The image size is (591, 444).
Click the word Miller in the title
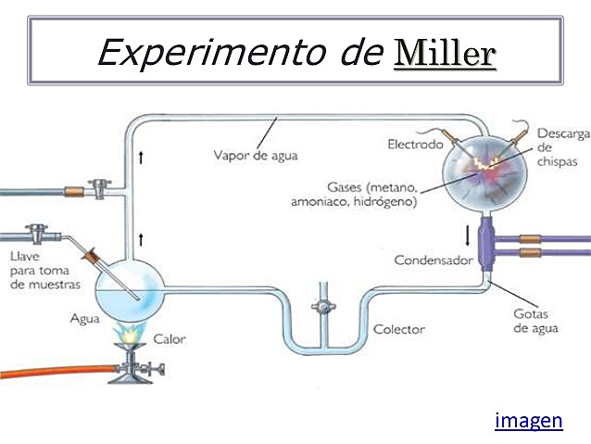click(445, 53)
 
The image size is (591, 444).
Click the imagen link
click(529, 421)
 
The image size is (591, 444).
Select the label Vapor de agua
click(256, 155)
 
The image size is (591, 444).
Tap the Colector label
click(398, 329)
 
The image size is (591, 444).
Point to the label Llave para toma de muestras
click(44, 270)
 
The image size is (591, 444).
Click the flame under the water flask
click(128, 330)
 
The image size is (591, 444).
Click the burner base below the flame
click(134, 371)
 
